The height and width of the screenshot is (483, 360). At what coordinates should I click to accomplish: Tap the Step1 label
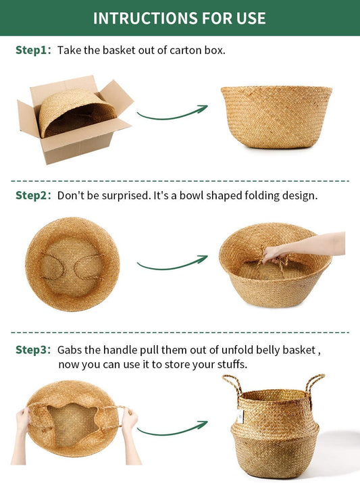tap(33, 50)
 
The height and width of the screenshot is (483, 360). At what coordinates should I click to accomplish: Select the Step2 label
tap(33, 195)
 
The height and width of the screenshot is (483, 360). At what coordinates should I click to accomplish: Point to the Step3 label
tap(33, 350)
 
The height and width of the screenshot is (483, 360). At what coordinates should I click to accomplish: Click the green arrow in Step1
tap(172, 113)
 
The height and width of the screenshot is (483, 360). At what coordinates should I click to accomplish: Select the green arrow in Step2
tap(172, 263)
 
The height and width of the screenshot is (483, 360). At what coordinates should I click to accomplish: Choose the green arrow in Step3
tap(172, 429)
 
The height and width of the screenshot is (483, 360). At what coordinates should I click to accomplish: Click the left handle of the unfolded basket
tap(233, 385)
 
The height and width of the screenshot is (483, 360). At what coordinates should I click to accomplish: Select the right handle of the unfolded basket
tap(314, 384)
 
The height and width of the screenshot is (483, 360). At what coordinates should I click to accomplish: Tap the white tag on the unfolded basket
tap(240, 417)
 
